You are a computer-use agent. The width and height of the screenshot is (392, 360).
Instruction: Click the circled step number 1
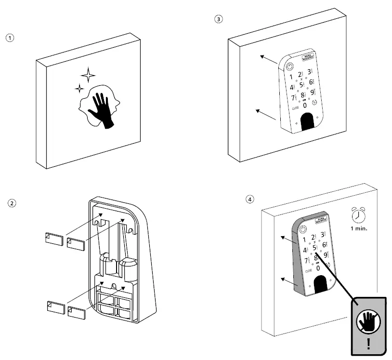(x=8, y=38)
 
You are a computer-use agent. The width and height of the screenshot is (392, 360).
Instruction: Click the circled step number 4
(x=249, y=199)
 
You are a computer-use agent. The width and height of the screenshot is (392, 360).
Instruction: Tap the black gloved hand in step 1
(x=102, y=110)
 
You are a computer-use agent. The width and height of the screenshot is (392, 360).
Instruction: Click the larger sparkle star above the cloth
(x=88, y=75)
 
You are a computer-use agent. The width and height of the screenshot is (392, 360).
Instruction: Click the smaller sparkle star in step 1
(x=79, y=88)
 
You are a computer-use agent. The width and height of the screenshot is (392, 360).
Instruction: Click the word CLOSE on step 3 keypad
(x=295, y=108)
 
